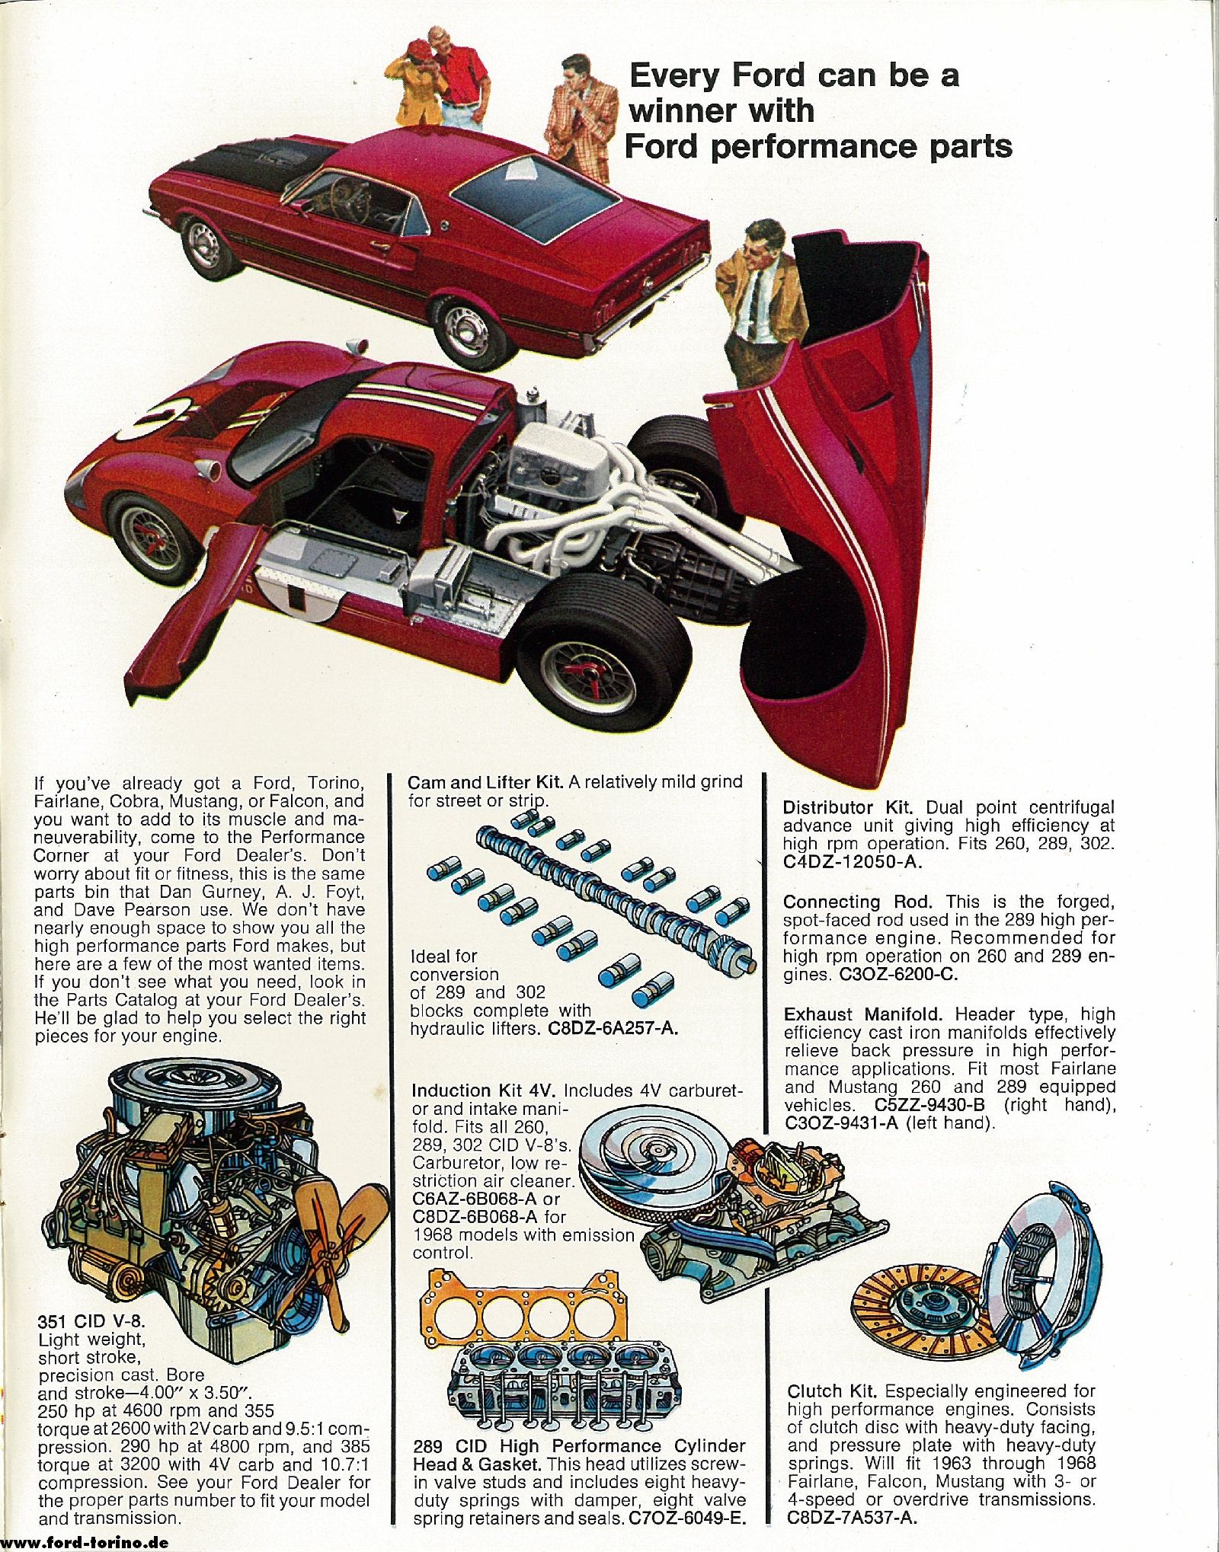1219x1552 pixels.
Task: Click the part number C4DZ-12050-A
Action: [x=853, y=862]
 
